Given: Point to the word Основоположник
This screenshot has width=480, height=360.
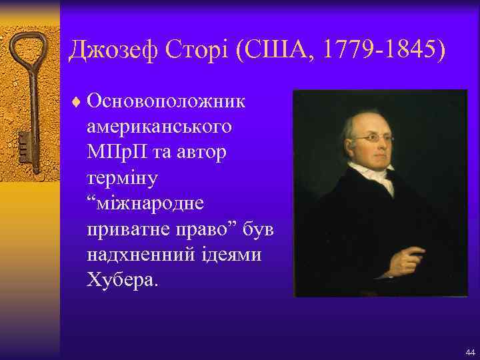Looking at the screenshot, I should (166, 101).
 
